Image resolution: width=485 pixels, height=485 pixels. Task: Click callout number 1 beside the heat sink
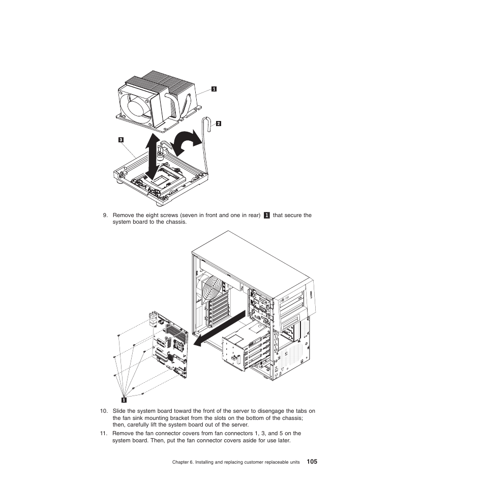point(214,89)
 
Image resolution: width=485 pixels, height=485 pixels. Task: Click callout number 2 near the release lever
point(219,123)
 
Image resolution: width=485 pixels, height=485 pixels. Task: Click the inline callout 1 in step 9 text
point(266,215)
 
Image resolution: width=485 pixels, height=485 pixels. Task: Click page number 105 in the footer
point(312,462)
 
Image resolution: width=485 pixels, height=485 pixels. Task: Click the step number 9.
point(105,215)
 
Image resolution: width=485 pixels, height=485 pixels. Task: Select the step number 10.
point(104,411)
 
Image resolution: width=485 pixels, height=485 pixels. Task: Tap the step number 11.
point(104,434)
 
